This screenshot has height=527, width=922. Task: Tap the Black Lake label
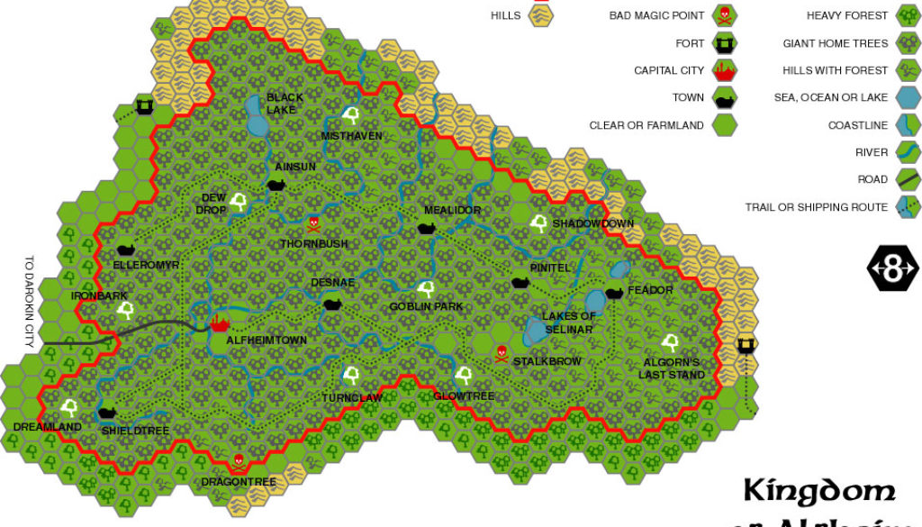click(x=285, y=104)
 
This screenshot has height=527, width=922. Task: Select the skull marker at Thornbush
click(x=313, y=223)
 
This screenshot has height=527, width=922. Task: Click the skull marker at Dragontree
click(x=238, y=462)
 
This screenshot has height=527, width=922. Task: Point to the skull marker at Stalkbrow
click(x=501, y=351)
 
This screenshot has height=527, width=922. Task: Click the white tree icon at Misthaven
click(x=351, y=116)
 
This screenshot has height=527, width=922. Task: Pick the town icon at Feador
click(x=615, y=291)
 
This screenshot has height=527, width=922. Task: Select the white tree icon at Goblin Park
click(x=427, y=289)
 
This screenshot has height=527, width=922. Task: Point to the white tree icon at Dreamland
click(x=69, y=407)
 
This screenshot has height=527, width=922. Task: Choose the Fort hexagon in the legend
click(x=724, y=43)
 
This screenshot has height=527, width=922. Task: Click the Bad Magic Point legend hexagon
click(x=724, y=15)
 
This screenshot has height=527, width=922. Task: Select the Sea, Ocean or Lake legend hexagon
click(x=905, y=97)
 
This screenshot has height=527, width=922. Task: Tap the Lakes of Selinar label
click(x=568, y=323)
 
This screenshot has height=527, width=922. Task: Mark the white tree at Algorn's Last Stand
click(x=670, y=342)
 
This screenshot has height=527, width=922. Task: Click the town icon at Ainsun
click(x=276, y=185)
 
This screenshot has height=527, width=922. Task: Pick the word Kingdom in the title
click(x=819, y=492)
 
